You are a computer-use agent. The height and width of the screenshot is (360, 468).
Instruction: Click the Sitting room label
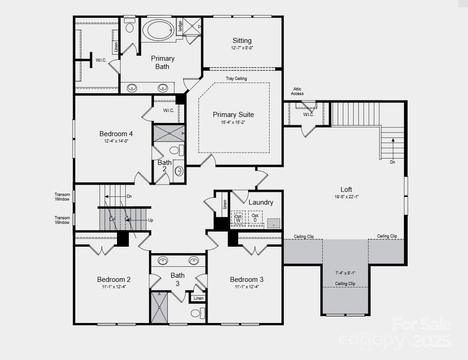click(242, 41)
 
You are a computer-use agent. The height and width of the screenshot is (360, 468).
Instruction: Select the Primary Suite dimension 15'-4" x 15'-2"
click(234, 122)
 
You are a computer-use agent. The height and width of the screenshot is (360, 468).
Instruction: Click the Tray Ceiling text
click(236, 79)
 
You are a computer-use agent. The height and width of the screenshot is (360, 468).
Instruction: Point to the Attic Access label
click(297, 91)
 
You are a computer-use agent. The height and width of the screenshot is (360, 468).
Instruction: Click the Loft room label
click(346, 190)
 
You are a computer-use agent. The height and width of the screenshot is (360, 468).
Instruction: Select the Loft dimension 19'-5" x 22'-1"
click(346, 197)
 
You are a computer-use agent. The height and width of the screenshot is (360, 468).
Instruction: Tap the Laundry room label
click(261, 202)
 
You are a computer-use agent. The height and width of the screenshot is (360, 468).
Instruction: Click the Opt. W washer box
click(238, 218)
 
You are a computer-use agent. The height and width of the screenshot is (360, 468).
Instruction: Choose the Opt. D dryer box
click(255, 218)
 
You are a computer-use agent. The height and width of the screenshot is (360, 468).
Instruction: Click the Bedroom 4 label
click(116, 134)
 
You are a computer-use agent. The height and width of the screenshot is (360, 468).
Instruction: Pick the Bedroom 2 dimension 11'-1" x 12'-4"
click(114, 287)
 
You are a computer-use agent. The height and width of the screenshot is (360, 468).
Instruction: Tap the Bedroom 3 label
click(246, 280)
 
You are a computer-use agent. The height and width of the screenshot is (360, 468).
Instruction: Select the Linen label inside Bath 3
click(199, 298)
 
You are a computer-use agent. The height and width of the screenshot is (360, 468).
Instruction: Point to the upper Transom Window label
click(62, 197)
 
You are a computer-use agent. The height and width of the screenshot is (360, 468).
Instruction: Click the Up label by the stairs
click(150, 220)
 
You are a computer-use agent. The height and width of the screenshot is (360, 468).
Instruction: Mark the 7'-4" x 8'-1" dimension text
click(345, 273)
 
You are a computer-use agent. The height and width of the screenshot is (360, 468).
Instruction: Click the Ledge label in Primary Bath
click(180, 26)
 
